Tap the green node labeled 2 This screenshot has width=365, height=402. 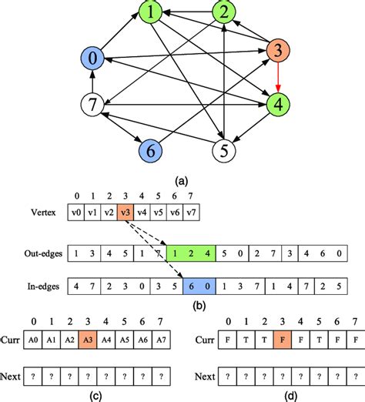(x=224, y=13)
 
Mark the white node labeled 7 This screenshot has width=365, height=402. (x=93, y=102)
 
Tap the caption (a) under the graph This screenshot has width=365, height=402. (x=183, y=182)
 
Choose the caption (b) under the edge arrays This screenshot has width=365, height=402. (x=201, y=306)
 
